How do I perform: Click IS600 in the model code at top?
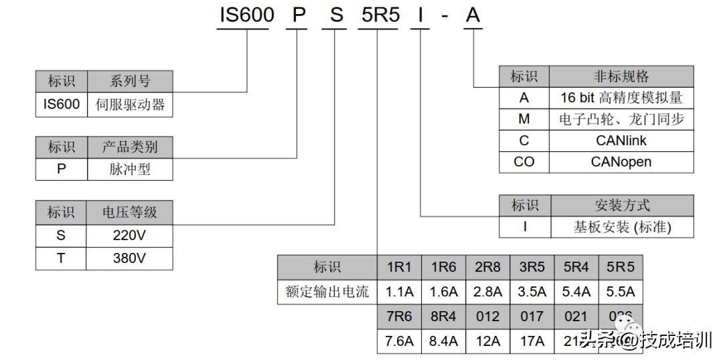click(x=246, y=15)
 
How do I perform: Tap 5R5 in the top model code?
click(x=380, y=15)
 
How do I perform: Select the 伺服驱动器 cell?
click(x=130, y=105)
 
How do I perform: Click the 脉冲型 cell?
click(x=130, y=169)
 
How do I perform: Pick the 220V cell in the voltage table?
click(x=129, y=235)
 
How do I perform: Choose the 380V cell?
click(x=129, y=258)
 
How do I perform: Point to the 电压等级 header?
click(x=129, y=212)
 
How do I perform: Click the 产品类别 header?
click(x=130, y=147)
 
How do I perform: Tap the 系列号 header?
click(x=130, y=82)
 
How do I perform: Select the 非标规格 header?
click(x=621, y=76)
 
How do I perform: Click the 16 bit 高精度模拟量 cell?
click(x=621, y=98)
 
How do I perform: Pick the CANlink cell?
click(x=621, y=141)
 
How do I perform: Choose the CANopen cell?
click(x=621, y=162)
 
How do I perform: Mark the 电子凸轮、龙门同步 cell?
click(x=621, y=119)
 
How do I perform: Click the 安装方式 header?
click(x=621, y=205)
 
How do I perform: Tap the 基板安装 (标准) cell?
click(x=621, y=227)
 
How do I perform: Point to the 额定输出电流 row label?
click(x=327, y=292)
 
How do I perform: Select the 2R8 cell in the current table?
click(x=487, y=268)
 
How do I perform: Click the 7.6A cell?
click(x=399, y=341)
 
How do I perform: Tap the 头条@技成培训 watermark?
click(x=646, y=341)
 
